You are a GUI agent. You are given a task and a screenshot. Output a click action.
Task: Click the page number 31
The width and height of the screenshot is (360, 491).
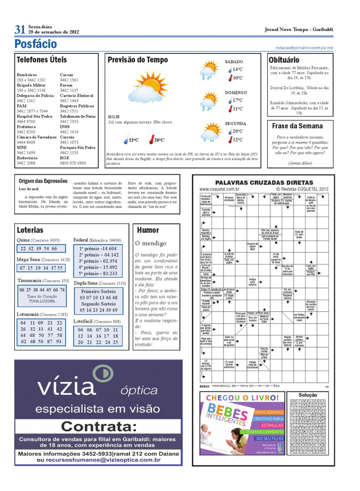[x=20, y=30]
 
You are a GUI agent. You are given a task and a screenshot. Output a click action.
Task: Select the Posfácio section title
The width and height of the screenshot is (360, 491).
[x=35, y=44]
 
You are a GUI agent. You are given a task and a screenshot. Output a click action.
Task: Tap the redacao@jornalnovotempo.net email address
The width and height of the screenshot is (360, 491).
[x=304, y=48]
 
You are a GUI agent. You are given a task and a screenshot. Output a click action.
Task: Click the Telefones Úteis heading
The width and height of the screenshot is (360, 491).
[x=42, y=60]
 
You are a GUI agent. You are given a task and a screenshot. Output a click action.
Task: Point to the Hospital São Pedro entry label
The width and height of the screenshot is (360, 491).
[x=34, y=116]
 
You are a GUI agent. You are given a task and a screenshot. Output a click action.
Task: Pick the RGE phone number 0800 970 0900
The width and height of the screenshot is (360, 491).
[x=73, y=163]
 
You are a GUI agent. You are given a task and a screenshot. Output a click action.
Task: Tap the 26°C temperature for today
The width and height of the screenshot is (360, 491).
[x=159, y=140]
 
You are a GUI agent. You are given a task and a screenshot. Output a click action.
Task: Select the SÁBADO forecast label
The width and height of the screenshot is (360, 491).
[x=234, y=62]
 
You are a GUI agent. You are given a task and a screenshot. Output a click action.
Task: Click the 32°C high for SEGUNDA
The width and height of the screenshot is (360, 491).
[x=238, y=140]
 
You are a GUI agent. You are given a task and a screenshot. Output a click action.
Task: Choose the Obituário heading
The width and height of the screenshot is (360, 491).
[x=284, y=60]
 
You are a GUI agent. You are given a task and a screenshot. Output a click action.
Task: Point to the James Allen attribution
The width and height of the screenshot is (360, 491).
[x=300, y=163]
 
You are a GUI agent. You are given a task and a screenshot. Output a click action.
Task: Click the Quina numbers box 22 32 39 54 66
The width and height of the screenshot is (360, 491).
[x=41, y=248]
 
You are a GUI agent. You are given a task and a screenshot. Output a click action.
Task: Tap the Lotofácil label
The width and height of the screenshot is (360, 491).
[x=83, y=321]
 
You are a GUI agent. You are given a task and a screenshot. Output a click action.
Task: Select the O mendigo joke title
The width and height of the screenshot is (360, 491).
[x=151, y=243]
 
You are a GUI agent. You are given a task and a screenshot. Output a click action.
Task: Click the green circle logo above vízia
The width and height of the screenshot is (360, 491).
[x=103, y=373]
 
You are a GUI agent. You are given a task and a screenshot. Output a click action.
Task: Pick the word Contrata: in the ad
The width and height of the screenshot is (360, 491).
[x=99, y=426]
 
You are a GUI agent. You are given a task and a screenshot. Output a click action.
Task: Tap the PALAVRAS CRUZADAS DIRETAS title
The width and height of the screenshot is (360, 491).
[x=264, y=183]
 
